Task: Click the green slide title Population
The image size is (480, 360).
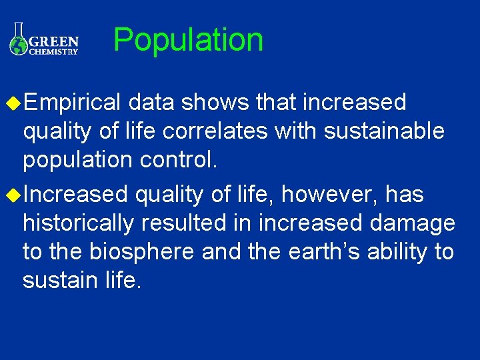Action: tap(189, 40)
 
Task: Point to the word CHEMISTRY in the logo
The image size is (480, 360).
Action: tap(54, 51)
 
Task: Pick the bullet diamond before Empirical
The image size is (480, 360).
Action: tap(11, 103)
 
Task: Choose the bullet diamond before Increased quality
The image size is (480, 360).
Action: tap(11, 195)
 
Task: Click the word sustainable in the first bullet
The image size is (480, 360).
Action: tap(384, 131)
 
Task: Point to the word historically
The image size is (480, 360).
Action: tap(78, 223)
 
